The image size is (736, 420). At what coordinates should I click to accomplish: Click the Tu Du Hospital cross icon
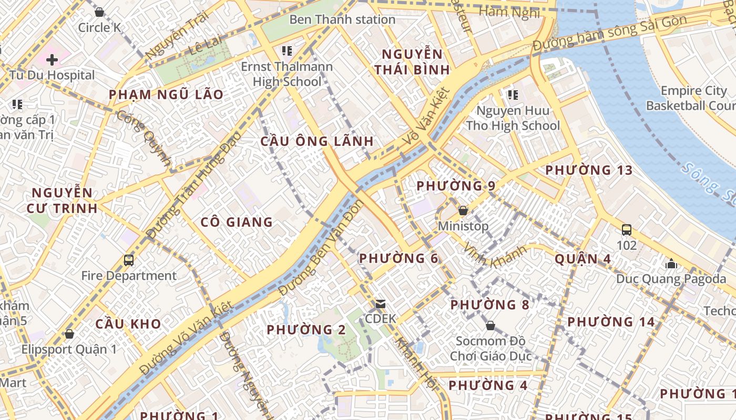(52, 59)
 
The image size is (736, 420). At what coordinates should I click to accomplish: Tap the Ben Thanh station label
(342, 20)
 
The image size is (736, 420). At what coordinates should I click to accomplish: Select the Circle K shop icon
(99, 12)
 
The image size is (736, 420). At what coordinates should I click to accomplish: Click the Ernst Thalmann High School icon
(287, 51)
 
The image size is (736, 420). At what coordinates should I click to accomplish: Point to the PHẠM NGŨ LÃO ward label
(166, 95)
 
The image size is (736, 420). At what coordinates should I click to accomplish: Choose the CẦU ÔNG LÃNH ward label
(317, 141)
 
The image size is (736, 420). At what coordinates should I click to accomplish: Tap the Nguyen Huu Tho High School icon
(513, 95)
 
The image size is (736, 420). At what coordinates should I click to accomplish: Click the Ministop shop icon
(463, 211)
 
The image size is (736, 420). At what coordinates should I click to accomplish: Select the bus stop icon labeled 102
(626, 230)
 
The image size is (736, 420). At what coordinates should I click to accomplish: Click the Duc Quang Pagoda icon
(671, 264)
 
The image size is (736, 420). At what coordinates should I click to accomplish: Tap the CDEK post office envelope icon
(380, 304)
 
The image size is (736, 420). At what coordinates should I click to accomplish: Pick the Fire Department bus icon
(129, 260)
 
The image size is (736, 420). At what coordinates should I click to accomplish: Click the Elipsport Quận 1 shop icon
(69, 334)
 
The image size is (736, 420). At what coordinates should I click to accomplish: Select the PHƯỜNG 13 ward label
(589, 171)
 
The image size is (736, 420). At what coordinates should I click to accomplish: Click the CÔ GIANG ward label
(237, 222)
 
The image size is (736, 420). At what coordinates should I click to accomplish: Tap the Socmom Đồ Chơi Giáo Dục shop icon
(490, 326)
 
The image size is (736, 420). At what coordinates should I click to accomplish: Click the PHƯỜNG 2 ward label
(306, 330)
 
